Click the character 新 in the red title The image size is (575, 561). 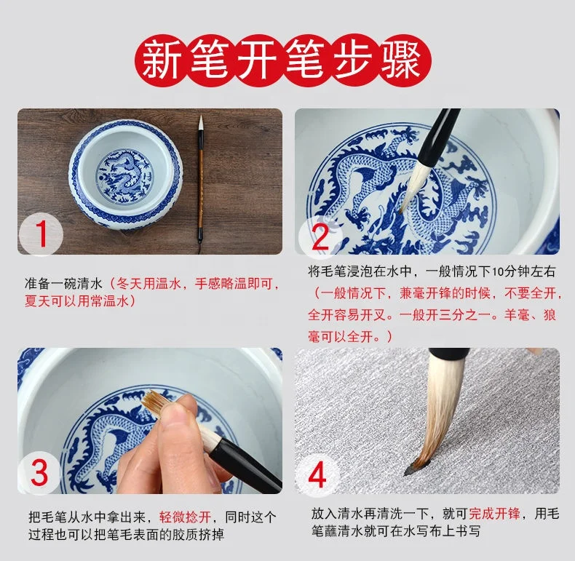[161, 60]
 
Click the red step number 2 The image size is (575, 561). [320, 236]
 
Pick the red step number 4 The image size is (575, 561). [317, 474]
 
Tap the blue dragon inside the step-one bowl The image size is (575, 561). [124, 176]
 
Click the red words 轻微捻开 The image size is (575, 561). [185, 517]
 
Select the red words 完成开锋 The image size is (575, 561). [494, 514]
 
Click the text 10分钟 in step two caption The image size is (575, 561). [504, 271]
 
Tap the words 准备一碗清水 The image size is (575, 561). [63, 284]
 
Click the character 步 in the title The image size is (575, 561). [353, 60]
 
